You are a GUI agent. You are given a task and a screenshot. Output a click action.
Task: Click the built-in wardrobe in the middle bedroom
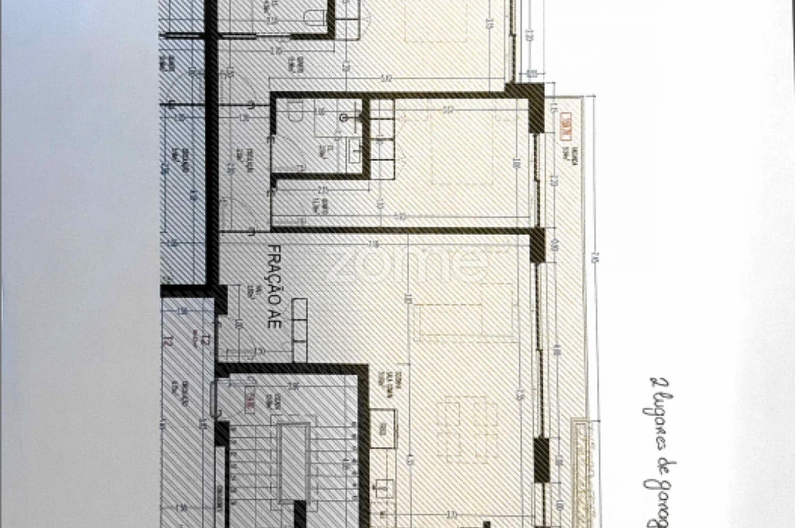coord(382,139)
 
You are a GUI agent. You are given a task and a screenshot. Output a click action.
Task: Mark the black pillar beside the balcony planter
coord(541,458)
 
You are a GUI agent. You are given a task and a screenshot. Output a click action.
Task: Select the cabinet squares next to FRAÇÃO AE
coord(300,330)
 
